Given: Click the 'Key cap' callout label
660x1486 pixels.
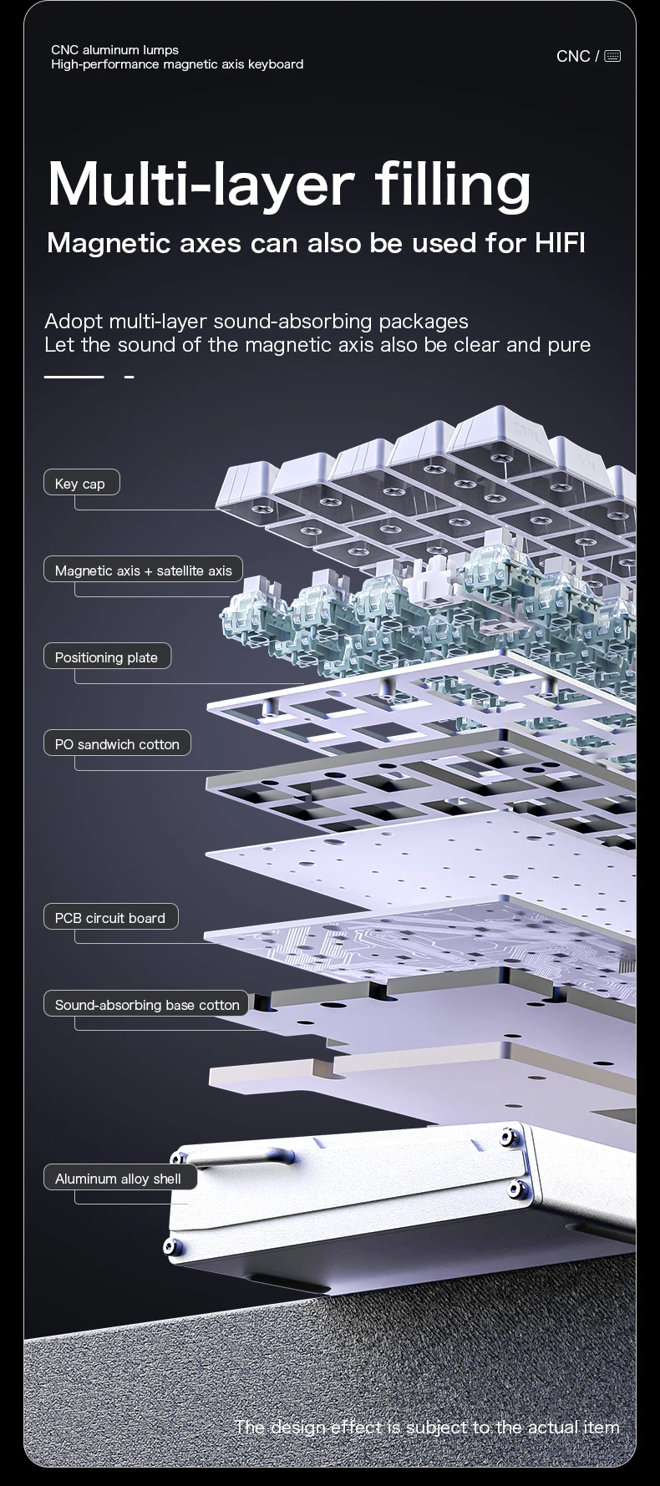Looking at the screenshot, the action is pyautogui.click(x=81, y=483).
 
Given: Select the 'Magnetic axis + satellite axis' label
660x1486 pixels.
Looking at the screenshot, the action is pyautogui.click(x=143, y=570).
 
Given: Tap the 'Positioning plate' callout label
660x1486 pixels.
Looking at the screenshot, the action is pyautogui.click(x=107, y=657).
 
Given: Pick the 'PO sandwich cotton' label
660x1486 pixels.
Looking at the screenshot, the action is pyautogui.click(x=117, y=743).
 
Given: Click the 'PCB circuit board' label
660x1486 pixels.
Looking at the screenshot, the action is pyautogui.click(x=110, y=917).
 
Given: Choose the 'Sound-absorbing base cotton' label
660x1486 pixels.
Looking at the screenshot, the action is pyautogui.click(x=146, y=1004).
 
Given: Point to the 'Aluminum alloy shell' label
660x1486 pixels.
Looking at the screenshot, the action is pyautogui.click(x=119, y=1178).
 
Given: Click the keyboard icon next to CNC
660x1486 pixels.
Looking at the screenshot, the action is pyautogui.click(x=612, y=56).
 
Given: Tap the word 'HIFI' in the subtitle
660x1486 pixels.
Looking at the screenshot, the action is pyautogui.click(x=560, y=242).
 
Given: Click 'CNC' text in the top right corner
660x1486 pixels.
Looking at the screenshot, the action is pyautogui.click(x=573, y=56).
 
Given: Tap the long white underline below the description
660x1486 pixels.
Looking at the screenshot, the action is pyautogui.click(x=74, y=377).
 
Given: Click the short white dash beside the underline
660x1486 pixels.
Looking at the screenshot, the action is pyautogui.click(x=129, y=377).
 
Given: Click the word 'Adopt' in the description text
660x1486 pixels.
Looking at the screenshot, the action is pyautogui.click(x=74, y=322).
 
